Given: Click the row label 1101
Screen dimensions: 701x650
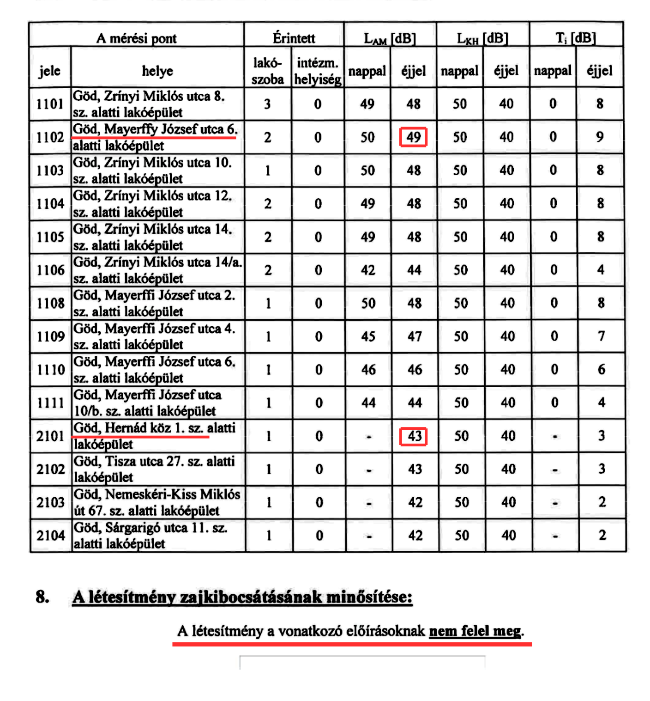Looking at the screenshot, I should [x=50, y=104].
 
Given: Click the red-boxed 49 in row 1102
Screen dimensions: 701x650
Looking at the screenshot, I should [x=413, y=137].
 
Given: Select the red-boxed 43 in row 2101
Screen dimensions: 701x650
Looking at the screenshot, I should [x=414, y=436].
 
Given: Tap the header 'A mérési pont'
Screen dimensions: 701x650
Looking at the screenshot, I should [x=136, y=38].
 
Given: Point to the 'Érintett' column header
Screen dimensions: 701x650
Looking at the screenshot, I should [x=294, y=38].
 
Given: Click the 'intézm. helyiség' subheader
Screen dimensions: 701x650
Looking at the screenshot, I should [x=318, y=71].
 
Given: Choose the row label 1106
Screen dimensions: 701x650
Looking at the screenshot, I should [x=51, y=270].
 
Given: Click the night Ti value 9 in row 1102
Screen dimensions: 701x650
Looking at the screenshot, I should [x=600, y=137].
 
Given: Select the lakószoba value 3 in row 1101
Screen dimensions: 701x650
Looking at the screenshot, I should [x=267, y=104].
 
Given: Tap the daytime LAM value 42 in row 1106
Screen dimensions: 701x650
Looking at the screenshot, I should [x=368, y=270].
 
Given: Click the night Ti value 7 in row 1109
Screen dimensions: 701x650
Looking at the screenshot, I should [x=601, y=336].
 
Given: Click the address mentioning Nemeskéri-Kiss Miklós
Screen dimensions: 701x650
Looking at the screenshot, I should [x=157, y=502].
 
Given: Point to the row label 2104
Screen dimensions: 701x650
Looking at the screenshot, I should [x=51, y=536].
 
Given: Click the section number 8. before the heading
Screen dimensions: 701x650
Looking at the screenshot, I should [x=43, y=597].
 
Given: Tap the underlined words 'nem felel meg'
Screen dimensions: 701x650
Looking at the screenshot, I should [x=475, y=631].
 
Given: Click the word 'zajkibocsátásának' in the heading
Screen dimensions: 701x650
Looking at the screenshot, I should [x=251, y=597].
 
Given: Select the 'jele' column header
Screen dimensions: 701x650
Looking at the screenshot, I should [x=50, y=71].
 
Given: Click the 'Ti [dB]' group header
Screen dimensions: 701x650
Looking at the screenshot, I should [x=576, y=38].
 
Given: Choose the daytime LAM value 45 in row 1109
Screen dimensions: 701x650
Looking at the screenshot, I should [x=368, y=336].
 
